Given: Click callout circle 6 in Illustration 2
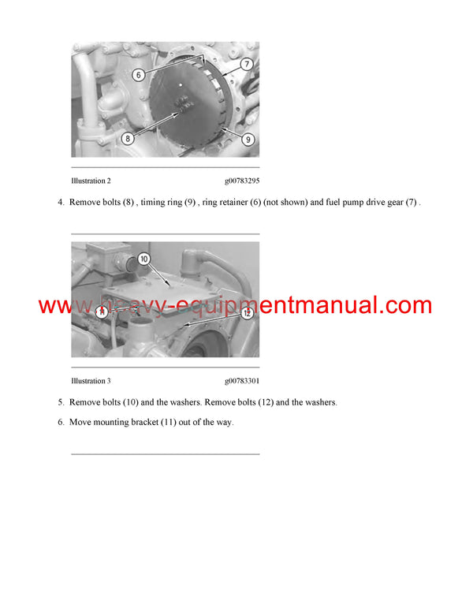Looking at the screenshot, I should [x=137, y=76].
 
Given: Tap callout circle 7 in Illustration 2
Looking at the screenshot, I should [x=246, y=64].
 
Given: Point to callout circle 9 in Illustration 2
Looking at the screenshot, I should [x=248, y=140].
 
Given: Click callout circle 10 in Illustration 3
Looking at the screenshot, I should [x=143, y=259].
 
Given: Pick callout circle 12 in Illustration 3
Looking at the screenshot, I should [x=246, y=312].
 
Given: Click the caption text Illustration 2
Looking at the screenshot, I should [x=91, y=181].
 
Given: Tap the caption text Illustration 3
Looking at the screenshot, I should [x=91, y=381].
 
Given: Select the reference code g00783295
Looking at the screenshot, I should [x=241, y=181].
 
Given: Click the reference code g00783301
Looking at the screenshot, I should [x=241, y=381].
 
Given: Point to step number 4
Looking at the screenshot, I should [x=61, y=203].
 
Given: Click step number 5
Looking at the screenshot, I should [x=61, y=402].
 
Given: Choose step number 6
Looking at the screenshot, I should [x=61, y=422].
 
